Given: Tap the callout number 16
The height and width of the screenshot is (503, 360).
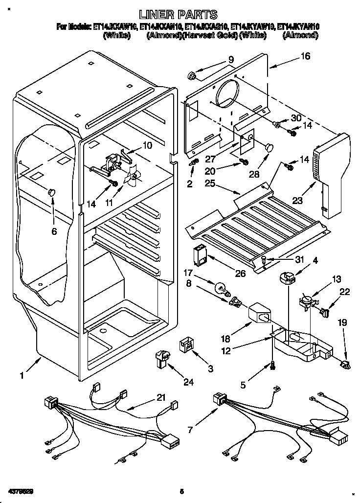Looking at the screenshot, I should pos(305,56).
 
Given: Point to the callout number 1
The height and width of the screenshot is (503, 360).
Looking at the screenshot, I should pos(21,376).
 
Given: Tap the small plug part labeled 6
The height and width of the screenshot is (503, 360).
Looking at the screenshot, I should pos(51,192).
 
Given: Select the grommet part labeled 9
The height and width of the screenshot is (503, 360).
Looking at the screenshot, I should pos(192,76).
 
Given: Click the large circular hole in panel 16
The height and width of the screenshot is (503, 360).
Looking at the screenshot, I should pos(228,93).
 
